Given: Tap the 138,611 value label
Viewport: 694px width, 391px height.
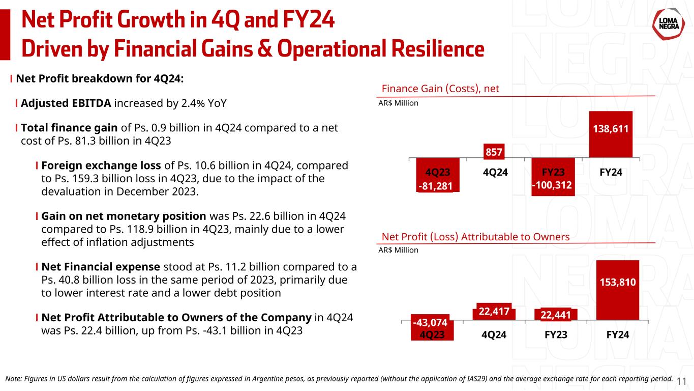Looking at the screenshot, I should [x=611, y=130].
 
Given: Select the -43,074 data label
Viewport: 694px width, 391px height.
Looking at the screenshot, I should [x=430, y=322].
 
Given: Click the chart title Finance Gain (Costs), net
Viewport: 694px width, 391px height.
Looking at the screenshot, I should [x=440, y=89].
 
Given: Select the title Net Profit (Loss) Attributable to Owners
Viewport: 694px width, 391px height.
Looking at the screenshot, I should [x=475, y=237].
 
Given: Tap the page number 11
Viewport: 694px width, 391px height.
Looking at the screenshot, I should [x=682, y=381].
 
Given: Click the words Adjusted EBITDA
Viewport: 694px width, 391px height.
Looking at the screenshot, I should [x=66, y=103].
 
